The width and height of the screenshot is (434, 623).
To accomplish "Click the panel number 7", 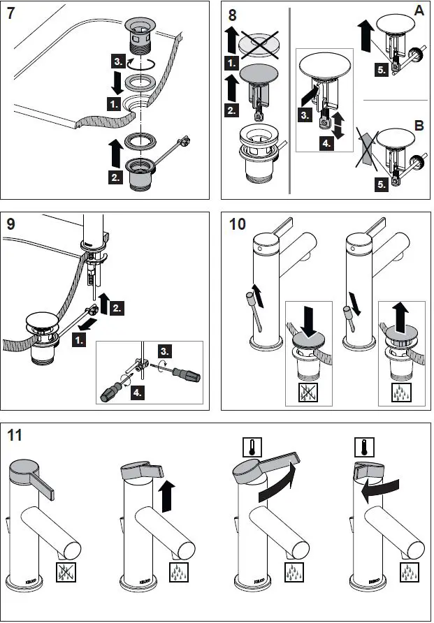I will click(x=12, y=13).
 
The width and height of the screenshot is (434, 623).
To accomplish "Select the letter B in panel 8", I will click(x=418, y=126).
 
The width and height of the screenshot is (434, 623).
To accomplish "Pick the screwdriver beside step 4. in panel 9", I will click(x=115, y=386).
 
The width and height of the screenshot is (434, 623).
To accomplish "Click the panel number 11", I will click(x=15, y=436).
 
